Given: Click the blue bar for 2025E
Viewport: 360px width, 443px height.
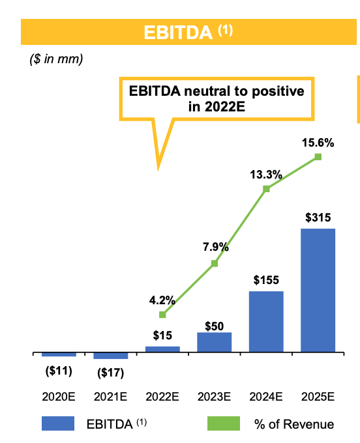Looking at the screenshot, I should click(x=318, y=291).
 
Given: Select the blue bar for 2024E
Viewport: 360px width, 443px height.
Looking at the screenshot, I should click(x=266, y=322).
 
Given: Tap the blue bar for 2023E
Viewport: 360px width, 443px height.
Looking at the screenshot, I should click(x=214, y=343).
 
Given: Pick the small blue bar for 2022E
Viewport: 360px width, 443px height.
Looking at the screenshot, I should click(x=162, y=350).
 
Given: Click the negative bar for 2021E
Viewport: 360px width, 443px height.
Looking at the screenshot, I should click(x=110, y=356).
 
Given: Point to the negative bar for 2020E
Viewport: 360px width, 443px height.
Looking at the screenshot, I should click(x=59, y=355).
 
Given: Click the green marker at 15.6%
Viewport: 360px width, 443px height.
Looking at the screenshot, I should click(x=318, y=157).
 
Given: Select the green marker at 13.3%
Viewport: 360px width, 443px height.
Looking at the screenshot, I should click(x=266, y=189).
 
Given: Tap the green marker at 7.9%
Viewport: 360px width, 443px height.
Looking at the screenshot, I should click(x=214, y=263).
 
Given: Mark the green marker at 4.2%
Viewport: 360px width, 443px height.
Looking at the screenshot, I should click(x=162, y=315).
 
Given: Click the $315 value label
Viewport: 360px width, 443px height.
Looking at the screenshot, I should click(x=318, y=216).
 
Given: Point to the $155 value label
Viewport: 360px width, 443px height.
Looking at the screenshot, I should click(x=266, y=280).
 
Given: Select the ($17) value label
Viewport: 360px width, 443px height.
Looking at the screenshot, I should click(x=110, y=373).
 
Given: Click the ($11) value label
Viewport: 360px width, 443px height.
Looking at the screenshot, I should click(x=58, y=371).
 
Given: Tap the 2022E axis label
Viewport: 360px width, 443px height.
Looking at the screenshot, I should click(x=162, y=396).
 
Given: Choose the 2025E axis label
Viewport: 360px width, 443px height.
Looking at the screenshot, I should click(x=318, y=396).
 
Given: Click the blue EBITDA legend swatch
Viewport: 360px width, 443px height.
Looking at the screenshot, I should click(x=58, y=423).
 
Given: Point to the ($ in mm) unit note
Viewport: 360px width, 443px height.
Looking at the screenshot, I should click(x=56, y=59).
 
